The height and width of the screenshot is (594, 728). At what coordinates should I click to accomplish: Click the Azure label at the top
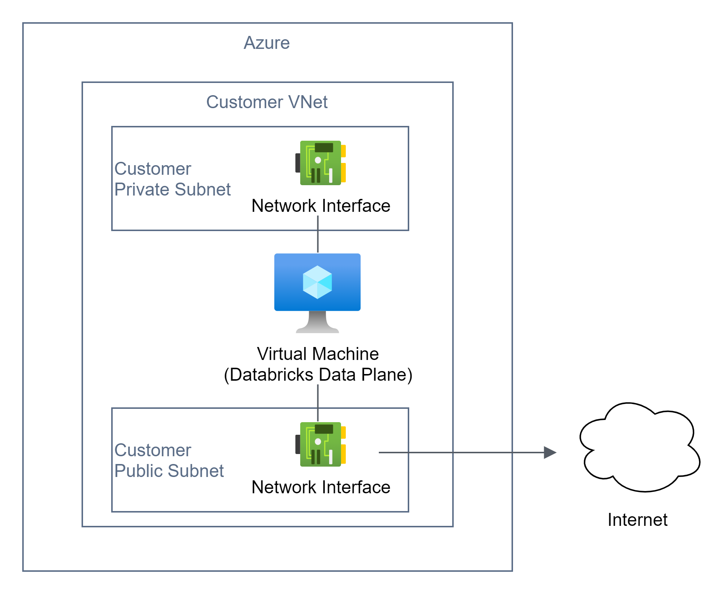267,43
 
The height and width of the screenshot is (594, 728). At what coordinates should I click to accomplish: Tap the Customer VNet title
267,102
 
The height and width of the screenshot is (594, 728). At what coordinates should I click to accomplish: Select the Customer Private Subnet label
172,179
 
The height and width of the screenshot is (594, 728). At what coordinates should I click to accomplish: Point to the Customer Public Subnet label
169,460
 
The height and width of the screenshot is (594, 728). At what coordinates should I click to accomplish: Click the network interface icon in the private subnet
321,163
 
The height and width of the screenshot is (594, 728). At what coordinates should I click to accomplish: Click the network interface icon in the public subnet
321,444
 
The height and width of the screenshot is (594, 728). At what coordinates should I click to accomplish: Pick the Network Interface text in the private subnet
321,206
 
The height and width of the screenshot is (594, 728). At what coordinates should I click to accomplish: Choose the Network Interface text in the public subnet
321,487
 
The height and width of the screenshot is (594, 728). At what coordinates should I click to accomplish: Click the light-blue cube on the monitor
317,282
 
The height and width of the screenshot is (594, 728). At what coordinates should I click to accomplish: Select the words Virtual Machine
318,354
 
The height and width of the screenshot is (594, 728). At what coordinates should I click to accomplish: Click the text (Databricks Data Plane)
318,374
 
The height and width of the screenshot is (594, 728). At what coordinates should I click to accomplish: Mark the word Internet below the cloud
637,520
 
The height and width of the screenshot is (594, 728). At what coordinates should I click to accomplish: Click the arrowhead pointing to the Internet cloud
550,452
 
